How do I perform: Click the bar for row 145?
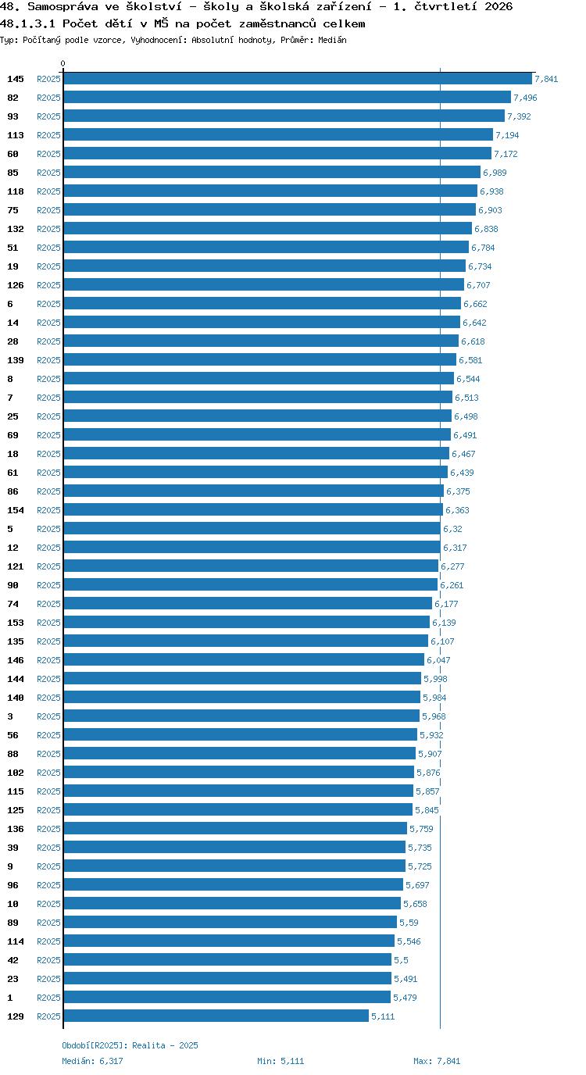pyautogui.click(x=298, y=79)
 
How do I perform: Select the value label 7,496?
pyautogui.click(x=525, y=98)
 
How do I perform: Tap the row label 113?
pyautogui.click(x=16, y=135)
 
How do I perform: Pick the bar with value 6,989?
pyautogui.click(x=272, y=173)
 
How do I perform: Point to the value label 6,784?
pyautogui.click(x=483, y=248)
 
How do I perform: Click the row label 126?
pyautogui.click(x=16, y=285)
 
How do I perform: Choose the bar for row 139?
pyautogui.click(x=260, y=360)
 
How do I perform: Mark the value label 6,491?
pyautogui.click(x=465, y=435)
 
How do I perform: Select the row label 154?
pyautogui.click(x=16, y=510)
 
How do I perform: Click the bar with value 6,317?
pyautogui.click(x=252, y=548)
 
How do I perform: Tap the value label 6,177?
pyautogui.click(x=446, y=604)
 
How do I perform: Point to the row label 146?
pyautogui.click(x=16, y=660)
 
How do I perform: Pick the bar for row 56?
pyautogui.click(x=241, y=734)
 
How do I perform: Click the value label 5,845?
pyautogui.click(x=427, y=810)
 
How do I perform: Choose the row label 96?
pyautogui.click(x=13, y=885)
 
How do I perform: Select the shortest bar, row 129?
pyautogui.click(x=216, y=1016)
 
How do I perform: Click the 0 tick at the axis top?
pyautogui.click(x=63, y=63)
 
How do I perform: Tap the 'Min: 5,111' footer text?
pyautogui.click(x=280, y=1061)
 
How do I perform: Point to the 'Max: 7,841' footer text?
pyautogui.click(x=437, y=1061)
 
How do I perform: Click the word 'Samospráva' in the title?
pyautogui.click(x=63, y=7)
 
